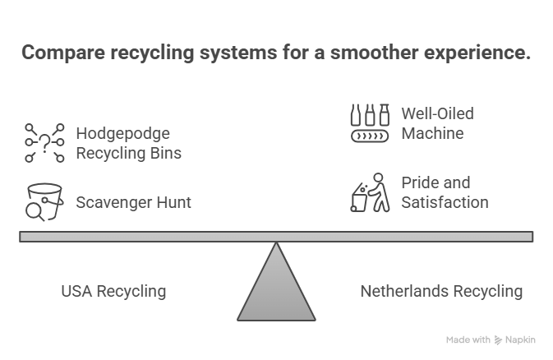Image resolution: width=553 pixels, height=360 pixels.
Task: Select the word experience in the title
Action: coord(474,53)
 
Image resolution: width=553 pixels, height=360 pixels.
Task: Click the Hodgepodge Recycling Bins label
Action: coord(128,142)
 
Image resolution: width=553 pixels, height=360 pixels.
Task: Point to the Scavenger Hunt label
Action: coord(133,202)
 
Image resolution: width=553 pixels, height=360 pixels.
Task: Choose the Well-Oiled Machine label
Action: coord(437,123)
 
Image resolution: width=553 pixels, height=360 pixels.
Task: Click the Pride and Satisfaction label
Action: coord(445,192)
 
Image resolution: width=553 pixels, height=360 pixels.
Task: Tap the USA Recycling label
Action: coord(113,291)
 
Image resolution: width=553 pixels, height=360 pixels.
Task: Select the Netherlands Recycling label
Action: coord(441,291)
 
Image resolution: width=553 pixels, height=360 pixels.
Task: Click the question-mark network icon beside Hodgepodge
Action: coord(44,143)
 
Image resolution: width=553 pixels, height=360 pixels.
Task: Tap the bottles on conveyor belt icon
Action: coord(370,123)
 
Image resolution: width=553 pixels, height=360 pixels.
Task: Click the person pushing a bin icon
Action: coord(369,192)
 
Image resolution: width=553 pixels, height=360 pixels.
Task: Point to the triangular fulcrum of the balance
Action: coord(276,288)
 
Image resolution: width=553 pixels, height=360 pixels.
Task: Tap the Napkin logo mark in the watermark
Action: coord(500,339)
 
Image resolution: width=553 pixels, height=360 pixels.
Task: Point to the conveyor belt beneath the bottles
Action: coord(370,136)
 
